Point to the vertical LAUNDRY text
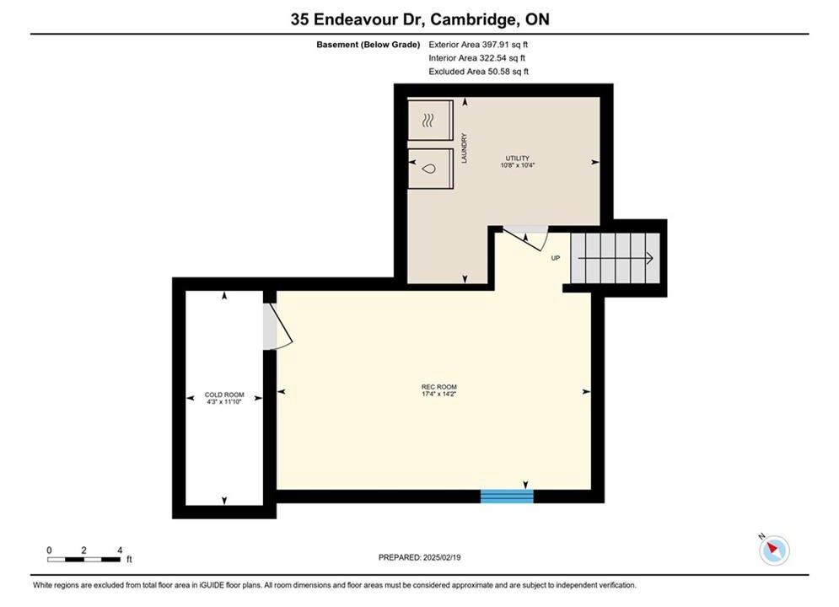pyautogui.click(x=464, y=148)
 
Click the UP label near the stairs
pyautogui.click(x=556, y=258)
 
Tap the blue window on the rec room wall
pyautogui.click(x=507, y=497)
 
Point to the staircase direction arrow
pyautogui.click(x=616, y=258)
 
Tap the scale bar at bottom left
pyautogui.click(x=83, y=560)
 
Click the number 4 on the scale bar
pyautogui.click(x=120, y=550)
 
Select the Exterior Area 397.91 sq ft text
pyautogui.click(x=478, y=45)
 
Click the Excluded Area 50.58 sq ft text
pyautogui.click(x=478, y=71)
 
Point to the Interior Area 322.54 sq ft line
pyautogui.click(x=476, y=58)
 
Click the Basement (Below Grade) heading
pyautogui.click(x=368, y=45)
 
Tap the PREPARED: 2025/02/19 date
pyautogui.click(x=420, y=557)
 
